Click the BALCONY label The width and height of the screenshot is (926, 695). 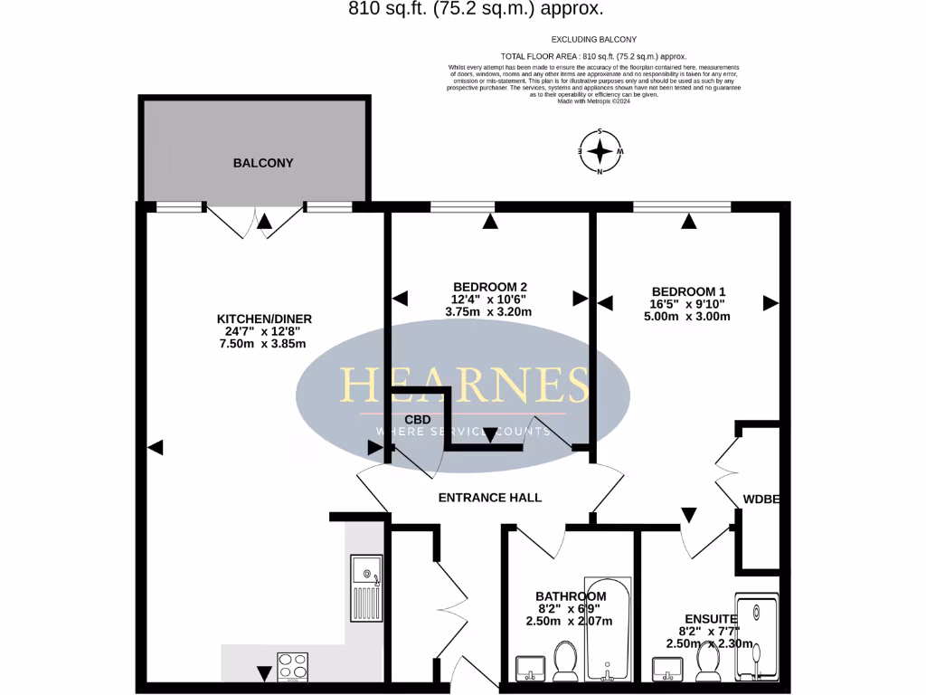(x=263, y=163)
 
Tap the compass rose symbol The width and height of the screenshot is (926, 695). (x=600, y=152)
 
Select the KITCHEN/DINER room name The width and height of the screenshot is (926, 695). (x=264, y=319)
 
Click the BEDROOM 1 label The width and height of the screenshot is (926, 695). (x=688, y=290)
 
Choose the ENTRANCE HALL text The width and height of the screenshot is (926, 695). (x=489, y=498)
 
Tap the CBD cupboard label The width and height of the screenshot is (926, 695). (x=417, y=420)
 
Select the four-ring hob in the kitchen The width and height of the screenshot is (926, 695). (x=292, y=665)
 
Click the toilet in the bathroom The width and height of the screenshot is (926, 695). (x=566, y=661)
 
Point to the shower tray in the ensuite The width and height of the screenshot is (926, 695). (x=757, y=637)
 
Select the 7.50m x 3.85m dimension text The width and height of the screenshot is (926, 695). (x=264, y=344)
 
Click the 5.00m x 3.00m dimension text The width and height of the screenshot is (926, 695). (x=688, y=316)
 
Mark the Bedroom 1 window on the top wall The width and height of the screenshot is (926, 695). (x=682, y=206)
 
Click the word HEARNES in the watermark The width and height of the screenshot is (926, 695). (x=464, y=385)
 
